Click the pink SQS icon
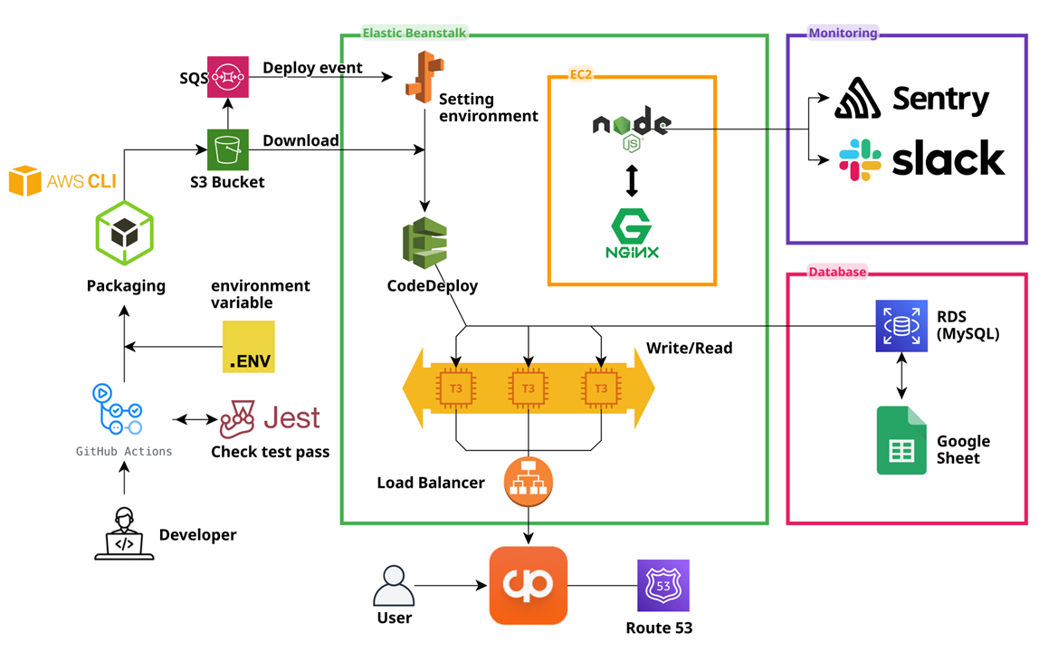(x=227, y=78)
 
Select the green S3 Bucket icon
(x=227, y=149)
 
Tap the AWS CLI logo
(x=62, y=181)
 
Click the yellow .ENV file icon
(x=249, y=347)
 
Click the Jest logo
(x=270, y=419)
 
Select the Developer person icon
(x=124, y=533)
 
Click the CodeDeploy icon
(x=425, y=244)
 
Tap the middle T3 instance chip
(x=529, y=388)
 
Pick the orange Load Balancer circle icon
(x=529, y=480)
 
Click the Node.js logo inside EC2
(x=632, y=129)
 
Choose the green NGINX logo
(x=632, y=234)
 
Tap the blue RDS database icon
(x=901, y=326)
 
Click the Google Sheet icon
(x=901, y=440)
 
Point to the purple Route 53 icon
(x=663, y=585)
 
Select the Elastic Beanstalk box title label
(x=415, y=34)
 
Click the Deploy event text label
(x=312, y=68)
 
